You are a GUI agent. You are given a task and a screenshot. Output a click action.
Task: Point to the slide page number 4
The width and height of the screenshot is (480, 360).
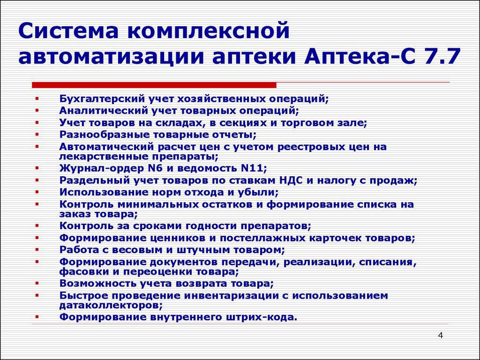[440, 335]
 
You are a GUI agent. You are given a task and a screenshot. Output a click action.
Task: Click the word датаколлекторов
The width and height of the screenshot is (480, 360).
[110, 305]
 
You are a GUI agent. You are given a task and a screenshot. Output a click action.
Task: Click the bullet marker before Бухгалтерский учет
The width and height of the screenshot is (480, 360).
[37, 99]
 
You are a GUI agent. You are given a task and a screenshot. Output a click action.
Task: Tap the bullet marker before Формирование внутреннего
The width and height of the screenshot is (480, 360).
[37, 317]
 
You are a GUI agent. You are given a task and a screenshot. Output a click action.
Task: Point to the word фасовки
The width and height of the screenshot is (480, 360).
[77, 271]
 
